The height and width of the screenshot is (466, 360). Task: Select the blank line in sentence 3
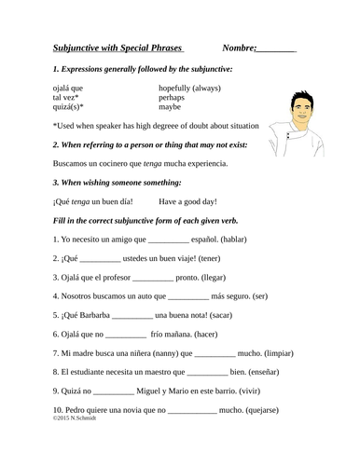(153, 278)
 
